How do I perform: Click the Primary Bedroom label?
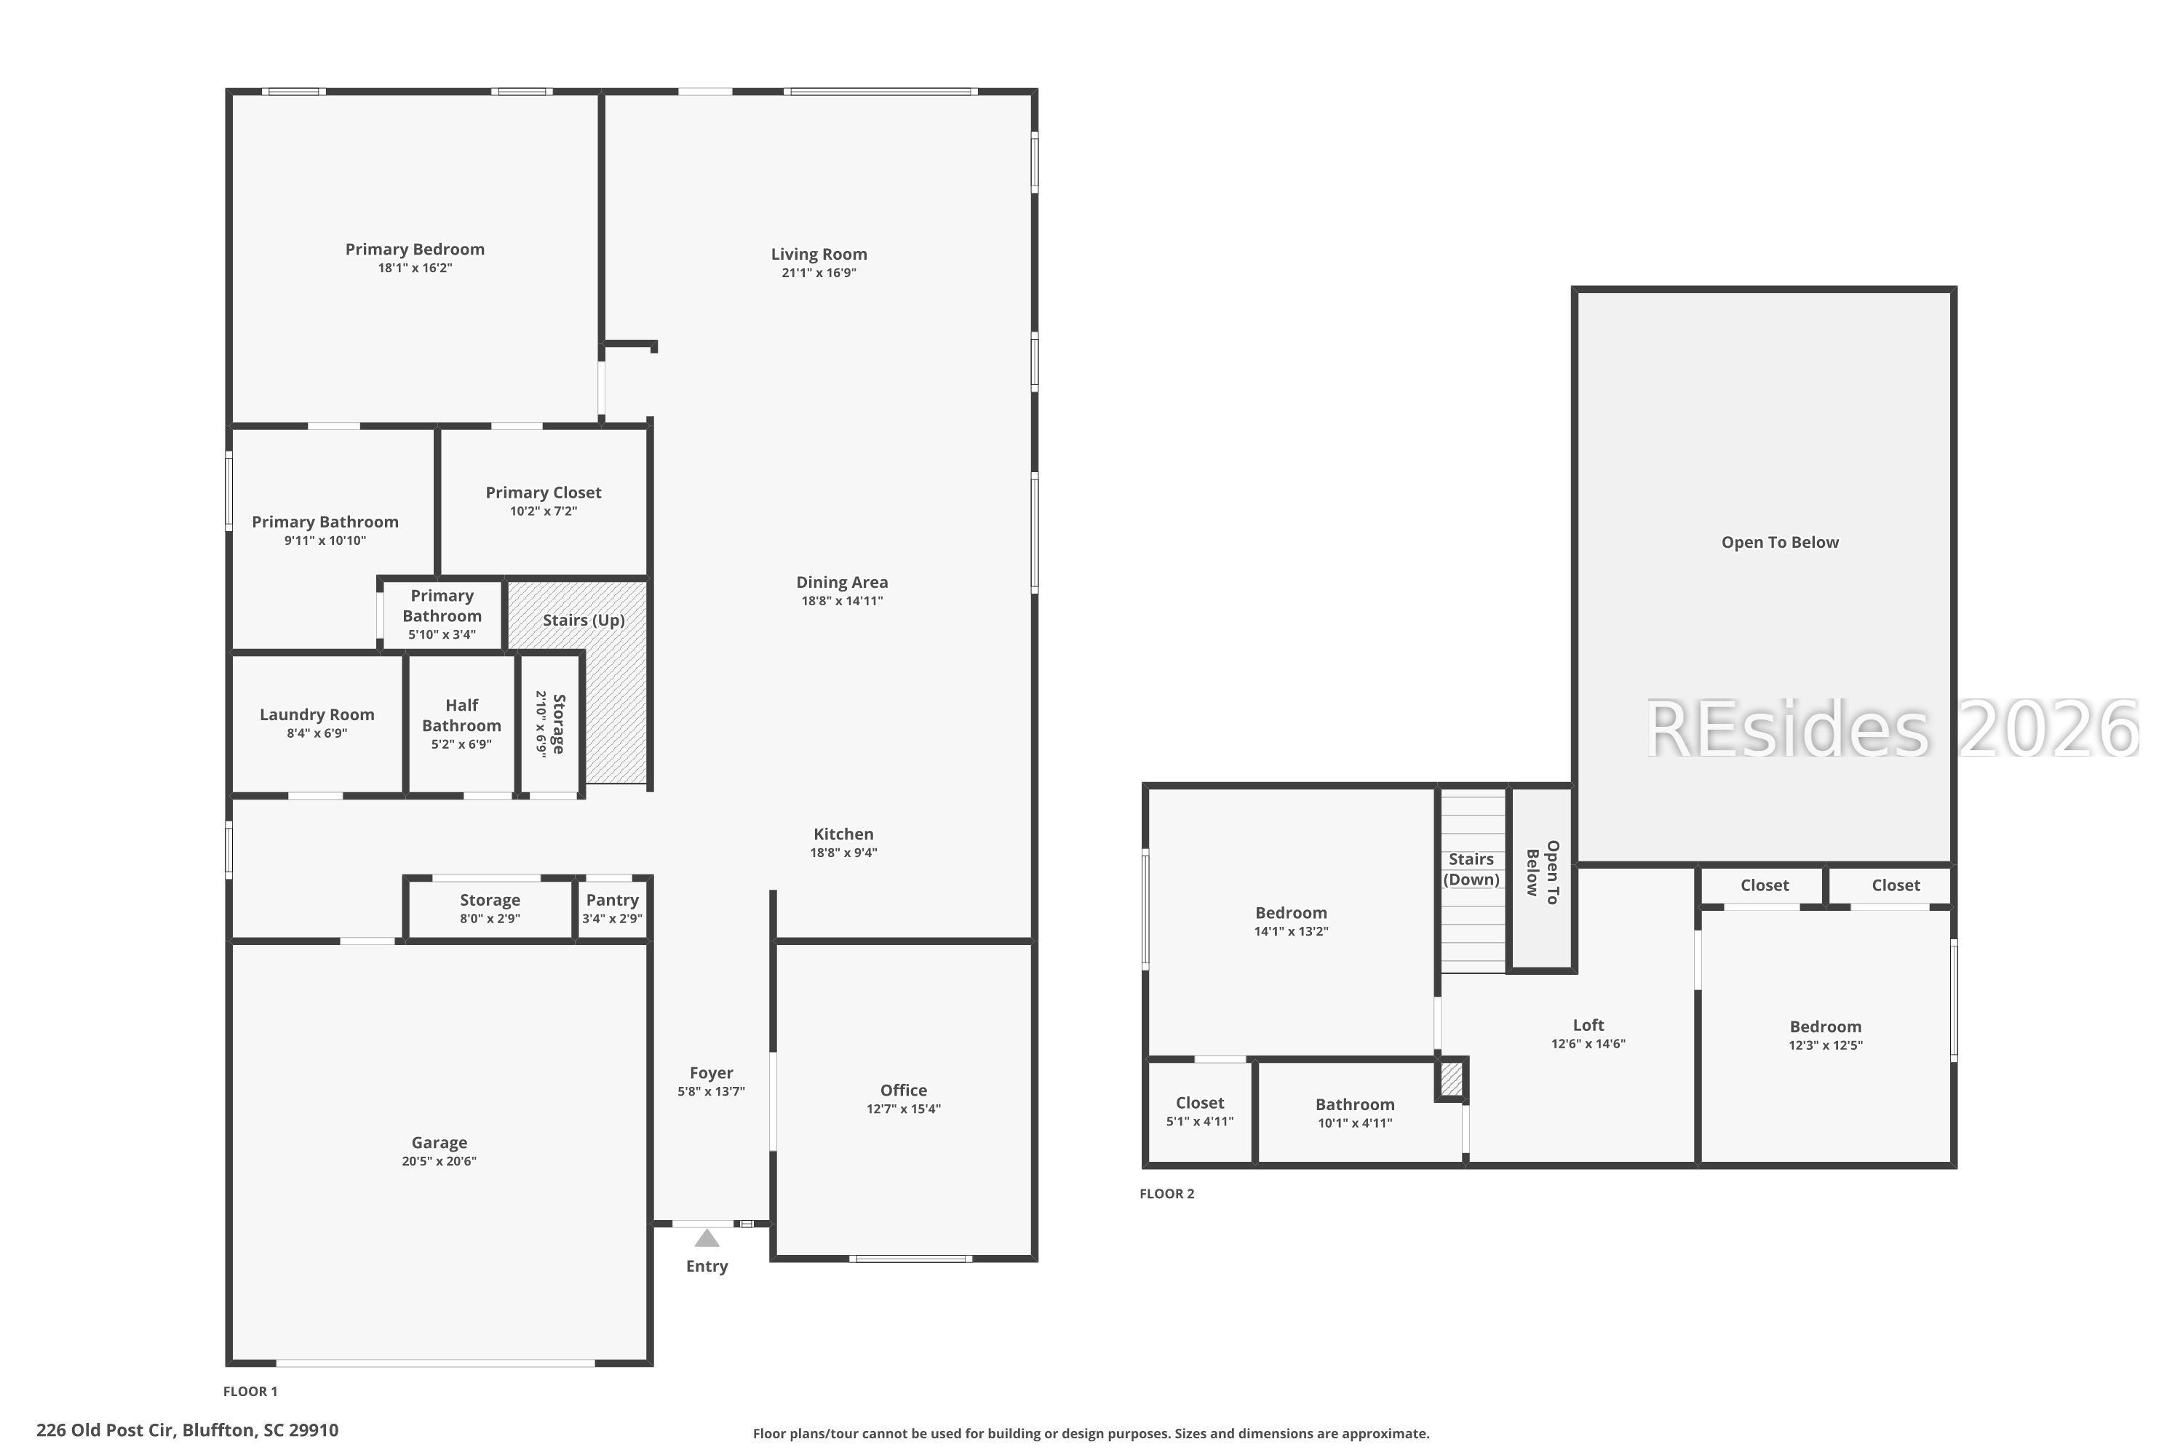pyautogui.click(x=415, y=249)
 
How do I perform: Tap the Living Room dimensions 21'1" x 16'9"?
pyautogui.click(x=819, y=273)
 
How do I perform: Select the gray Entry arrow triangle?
pyautogui.click(x=707, y=1238)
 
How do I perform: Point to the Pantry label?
pyautogui.click(x=613, y=899)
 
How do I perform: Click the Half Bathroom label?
pyautogui.click(x=461, y=715)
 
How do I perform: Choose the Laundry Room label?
pyautogui.click(x=317, y=714)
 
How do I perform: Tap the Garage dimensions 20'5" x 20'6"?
pyautogui.click(x=439, y=1161)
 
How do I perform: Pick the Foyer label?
pyautogui.click(x=711, y=1072)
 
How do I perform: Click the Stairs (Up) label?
pyautogui.click(x=584, y=620)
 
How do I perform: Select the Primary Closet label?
pyautogui.click(x=544, y=492)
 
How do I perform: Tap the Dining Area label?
pyautogui.click(x=842, y=582)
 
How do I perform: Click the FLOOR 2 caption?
pyautogui.click(x=1166, y=1193)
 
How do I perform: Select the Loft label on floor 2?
pyautogui.click(x=1588, y=1024)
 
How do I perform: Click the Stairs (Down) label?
pyautogui.click(x=1471, y=869)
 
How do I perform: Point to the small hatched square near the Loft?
pyautogui.click(x=1451, y=1078)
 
